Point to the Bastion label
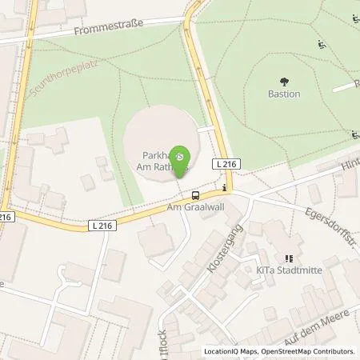(x=284, y=94)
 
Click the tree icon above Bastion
(x=284, y=81)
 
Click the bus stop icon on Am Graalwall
(x=195, y=194)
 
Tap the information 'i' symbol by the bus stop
(x=225, y=190)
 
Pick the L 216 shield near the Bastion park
(x=224, y=164)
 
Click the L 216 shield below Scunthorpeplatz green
(x=102, y=226)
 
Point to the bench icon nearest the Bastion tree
(x=321, y=44)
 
